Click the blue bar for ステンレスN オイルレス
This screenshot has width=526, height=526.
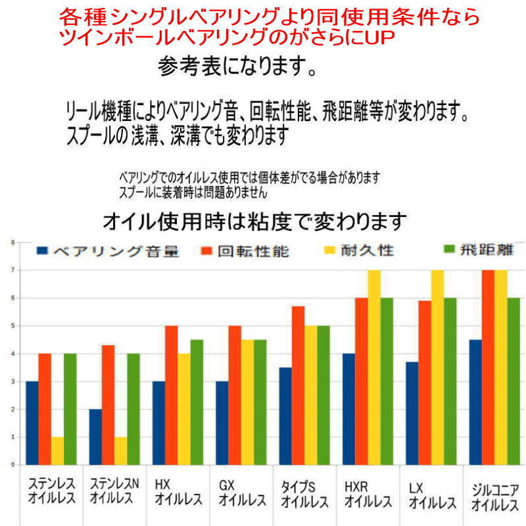95,437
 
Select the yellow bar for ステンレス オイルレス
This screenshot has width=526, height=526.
57,450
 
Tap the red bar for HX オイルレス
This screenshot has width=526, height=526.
171,395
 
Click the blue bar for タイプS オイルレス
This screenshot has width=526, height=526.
285,416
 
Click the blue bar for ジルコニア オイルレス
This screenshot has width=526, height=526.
475,402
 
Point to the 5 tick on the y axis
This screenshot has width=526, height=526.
12,326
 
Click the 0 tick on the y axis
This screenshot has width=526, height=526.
12,465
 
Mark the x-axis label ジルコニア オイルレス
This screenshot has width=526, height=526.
495,498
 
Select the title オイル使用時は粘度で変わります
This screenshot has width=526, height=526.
254,221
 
